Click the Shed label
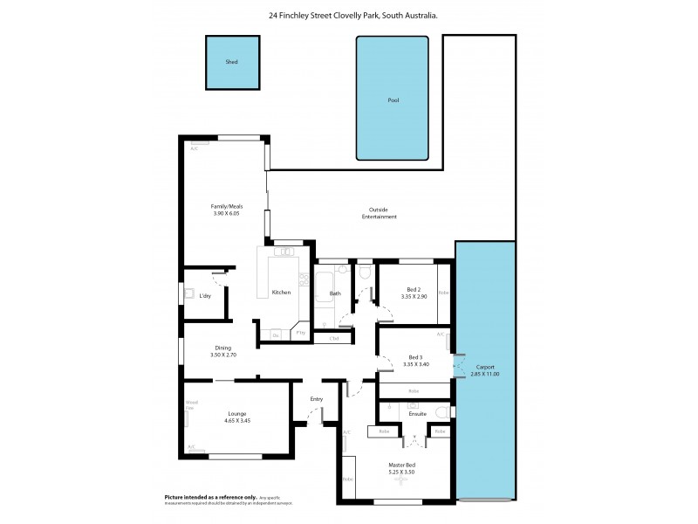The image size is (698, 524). coord(231,63)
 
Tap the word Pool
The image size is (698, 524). coord(393,100)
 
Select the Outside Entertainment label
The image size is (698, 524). coord(383,212)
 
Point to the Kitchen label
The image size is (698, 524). coord(281,292)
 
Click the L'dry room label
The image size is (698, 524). coord(205,296)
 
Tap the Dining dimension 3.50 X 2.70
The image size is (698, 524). coord(223,355)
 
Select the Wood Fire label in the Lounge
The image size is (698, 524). coord(191,404)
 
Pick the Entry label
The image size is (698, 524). coord(316,399)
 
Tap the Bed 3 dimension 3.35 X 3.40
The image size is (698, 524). coord(415,364)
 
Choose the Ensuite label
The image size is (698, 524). coord(417,413)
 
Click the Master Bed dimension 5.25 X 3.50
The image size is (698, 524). coord(401,472)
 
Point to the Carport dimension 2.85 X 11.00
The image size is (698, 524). coord(485,374)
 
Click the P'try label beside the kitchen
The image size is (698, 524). coord(300,334)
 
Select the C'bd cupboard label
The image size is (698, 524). coord(333,338)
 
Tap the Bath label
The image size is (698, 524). coord(335,293)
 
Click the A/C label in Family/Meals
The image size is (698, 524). coord(194,148)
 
